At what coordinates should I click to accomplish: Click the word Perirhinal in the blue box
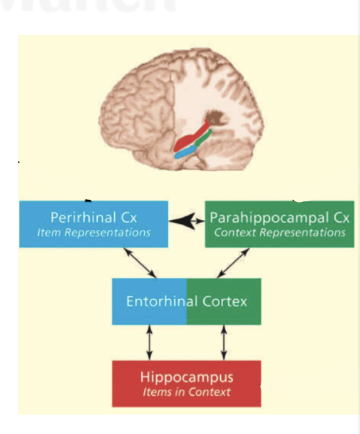(x=83, y=217)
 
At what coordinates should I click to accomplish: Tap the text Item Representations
(x=93, y=233)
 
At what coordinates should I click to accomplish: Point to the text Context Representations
(x=280, y=233)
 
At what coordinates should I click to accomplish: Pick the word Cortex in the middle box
(x=225, y=302)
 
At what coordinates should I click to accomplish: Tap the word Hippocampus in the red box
(x=187, y=378)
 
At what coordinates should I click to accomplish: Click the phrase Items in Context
(x=186, y=392)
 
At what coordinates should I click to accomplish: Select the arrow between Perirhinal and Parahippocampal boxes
(x=186, y=221)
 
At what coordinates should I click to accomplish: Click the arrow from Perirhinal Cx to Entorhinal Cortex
(x=140, y=263)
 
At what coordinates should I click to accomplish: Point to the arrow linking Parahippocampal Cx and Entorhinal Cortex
(x=233, y=263)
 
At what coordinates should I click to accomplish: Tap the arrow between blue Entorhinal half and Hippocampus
(x=149, y=342)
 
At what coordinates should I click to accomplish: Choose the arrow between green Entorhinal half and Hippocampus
(x=224, y=342)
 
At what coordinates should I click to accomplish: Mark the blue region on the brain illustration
(x=185, y=152)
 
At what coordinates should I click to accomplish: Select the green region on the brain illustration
(x=203, y=137)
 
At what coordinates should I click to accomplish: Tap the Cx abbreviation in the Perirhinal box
(x=129, y=218)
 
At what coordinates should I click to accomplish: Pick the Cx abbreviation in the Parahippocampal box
(x=341, y=218)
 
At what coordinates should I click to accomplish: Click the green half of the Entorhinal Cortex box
(x=224, y=302)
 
